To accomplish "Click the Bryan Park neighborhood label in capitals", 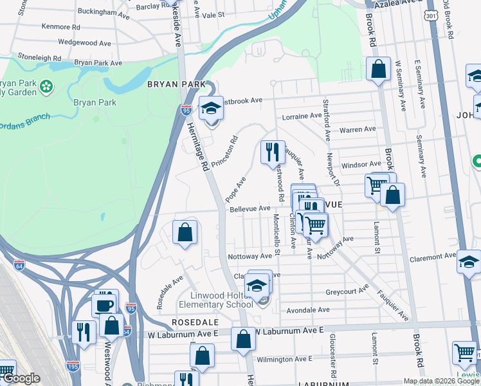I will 176,84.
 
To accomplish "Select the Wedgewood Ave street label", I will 84,42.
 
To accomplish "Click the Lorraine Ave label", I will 302,116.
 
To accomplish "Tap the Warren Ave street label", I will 357,129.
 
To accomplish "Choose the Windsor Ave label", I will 361,165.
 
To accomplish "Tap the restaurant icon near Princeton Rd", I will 273,152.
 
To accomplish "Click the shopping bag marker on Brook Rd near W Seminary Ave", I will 379,68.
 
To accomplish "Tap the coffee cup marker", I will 104,305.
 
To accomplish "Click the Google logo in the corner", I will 21,379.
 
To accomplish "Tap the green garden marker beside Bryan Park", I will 46,86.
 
